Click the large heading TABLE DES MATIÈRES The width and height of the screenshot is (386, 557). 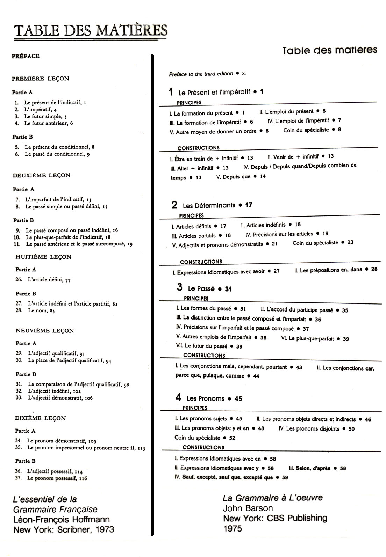pyautogui.click(x=90, y=30)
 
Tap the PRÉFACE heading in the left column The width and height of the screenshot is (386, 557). pyautogui.click(x=26, y=56)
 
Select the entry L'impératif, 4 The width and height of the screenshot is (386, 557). pyautogui.click(x=40, y=110)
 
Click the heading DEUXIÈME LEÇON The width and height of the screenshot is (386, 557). pyautogui.click(x=42, y=175)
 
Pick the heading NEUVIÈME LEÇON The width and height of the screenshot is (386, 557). pyautogui.click(x=45, y=330)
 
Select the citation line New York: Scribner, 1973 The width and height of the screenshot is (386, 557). pyautogui.click(x=64, y=529)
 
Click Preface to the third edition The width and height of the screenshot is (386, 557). pyautogui.click(x=201, y=74)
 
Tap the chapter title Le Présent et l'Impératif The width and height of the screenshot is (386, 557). pyautogui.click(x=214, y=93)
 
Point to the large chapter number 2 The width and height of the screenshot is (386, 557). pyautogui.click(x=174, y=205)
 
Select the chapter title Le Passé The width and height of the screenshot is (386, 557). pyautogui.click(x=201, y=289)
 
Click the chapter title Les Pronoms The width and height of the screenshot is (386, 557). pyautogui.click(x=205, y=398)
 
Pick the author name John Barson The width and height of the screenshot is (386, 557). pyautogui.click(x=248, y=508)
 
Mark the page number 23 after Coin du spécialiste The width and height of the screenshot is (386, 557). pyautogui.click(x=350, y=242)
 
